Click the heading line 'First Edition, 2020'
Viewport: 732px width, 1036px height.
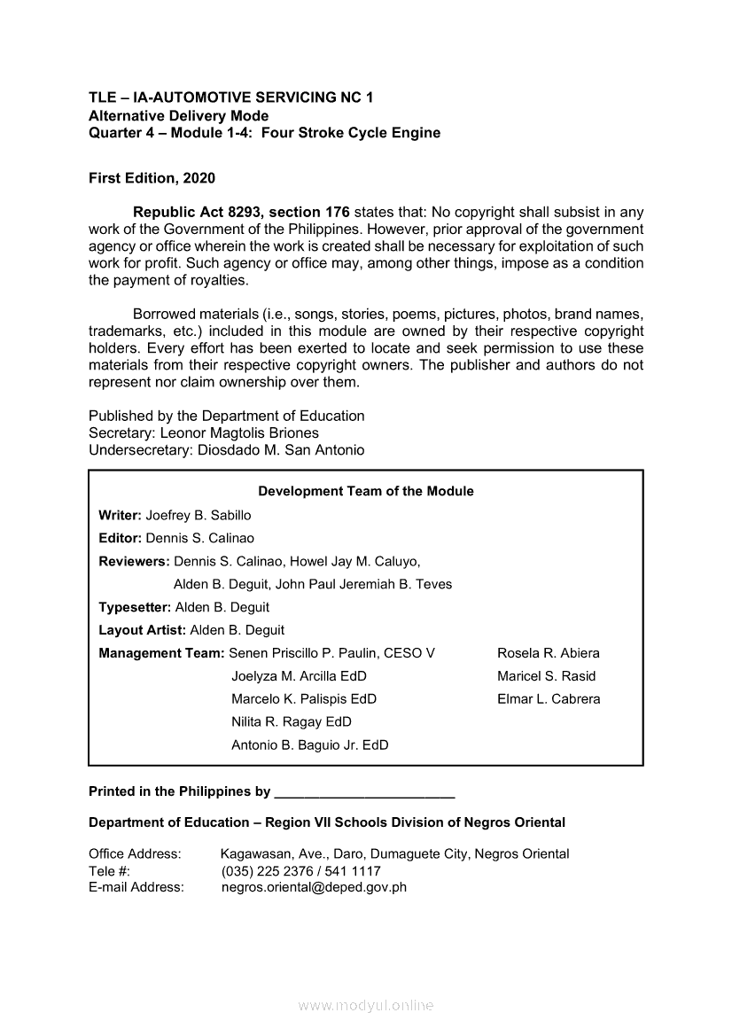(152, 178)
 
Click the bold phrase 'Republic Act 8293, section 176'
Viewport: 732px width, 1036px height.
(241, 213)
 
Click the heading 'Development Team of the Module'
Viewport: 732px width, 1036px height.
(365, 491)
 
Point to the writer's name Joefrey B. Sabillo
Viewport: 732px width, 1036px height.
(199, 515)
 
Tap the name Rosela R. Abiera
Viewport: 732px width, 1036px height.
(548, 653)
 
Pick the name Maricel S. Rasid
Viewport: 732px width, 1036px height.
(546, 676)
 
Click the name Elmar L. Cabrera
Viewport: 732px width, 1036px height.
(549, 699)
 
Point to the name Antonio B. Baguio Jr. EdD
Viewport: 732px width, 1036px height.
(309, 745)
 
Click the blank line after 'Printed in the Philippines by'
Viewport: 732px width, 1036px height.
(364, 792)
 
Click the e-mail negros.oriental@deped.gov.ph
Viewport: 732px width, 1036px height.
(314, 887)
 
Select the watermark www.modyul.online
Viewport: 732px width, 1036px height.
(366, 1005)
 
